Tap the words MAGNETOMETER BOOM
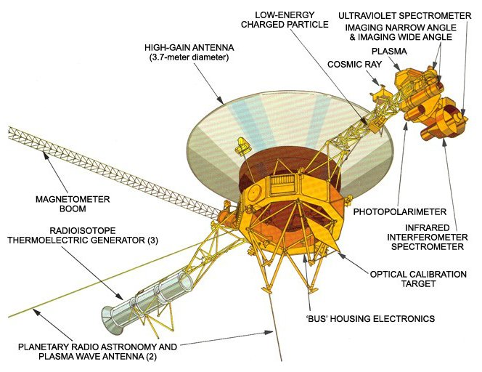[x=73, y=203]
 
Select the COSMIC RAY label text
[x=354, y=65]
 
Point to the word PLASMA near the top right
[x=389, y=51]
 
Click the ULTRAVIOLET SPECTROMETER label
[x=405, y=15]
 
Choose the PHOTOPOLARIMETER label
[x=400, y=211]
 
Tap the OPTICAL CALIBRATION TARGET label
[x=418, y=279]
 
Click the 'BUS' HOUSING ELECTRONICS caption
[x=370, y=318]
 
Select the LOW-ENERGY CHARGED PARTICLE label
[x=285, y=20]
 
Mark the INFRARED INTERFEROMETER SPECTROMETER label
[x=428, y=238]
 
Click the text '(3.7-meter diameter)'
[x=189, y=57]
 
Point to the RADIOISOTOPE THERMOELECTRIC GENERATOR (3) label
[x=83, y=235]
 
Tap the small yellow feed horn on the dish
[x=243, y=146]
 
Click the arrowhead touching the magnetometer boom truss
[x=46, y=155]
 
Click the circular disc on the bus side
[x=254, y=193]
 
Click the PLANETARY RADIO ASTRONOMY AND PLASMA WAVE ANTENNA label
[x=97, y=352]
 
